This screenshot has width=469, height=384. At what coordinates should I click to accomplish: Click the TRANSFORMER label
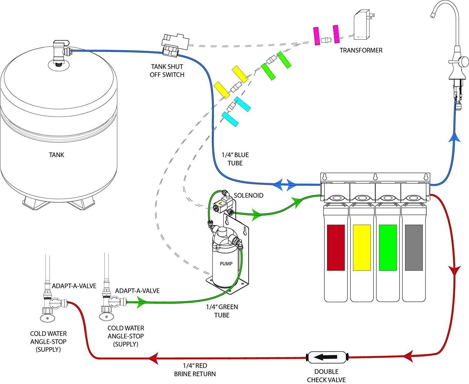pos(361,50)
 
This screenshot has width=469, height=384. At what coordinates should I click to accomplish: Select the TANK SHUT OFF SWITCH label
pos(167,71)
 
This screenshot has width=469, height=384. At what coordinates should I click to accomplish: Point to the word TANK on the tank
pos(57,155)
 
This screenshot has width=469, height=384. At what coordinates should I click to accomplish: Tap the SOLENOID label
pos(249,195)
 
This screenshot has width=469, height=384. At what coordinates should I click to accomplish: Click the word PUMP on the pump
pos(226,264)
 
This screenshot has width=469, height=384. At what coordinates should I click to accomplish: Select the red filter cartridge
pos(336,248)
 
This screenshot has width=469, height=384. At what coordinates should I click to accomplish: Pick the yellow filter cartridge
pos(362,248)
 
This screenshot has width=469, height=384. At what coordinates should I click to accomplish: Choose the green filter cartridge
pos(388,248)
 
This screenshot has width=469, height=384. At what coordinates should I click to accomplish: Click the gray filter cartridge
pos(414,248)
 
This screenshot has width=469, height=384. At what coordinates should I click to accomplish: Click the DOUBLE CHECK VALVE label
pos(326,376)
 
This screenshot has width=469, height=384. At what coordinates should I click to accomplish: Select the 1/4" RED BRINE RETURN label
pos(195,370)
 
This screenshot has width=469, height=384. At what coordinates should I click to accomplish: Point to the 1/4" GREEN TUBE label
pos(222,311)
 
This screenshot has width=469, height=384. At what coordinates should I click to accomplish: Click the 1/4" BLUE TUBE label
pos(235,159)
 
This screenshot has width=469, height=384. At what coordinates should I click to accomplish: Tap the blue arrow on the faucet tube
pos(455,138)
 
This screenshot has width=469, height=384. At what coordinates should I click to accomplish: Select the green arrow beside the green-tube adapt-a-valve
pos(142,302)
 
